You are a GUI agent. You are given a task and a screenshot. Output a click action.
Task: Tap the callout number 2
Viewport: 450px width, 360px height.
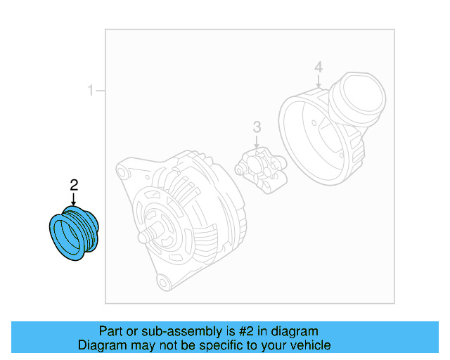74,185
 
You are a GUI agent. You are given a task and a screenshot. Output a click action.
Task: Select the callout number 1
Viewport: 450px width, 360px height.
90,91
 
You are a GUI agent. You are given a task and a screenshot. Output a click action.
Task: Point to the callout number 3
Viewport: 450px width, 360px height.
257,127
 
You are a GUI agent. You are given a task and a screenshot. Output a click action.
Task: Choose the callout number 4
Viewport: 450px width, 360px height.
319,67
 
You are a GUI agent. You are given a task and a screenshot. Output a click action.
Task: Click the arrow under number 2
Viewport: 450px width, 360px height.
74,200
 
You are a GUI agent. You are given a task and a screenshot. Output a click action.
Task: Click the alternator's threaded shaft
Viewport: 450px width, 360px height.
147,235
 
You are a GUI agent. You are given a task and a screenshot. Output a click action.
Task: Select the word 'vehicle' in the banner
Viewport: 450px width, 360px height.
309,345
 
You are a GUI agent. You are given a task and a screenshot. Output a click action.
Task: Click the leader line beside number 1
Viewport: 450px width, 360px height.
101,91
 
